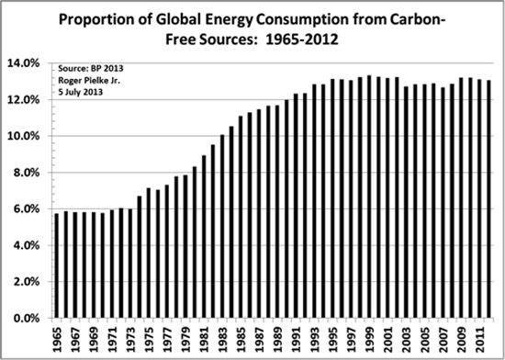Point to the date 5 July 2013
pyautogui.click(x=82, y=94)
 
